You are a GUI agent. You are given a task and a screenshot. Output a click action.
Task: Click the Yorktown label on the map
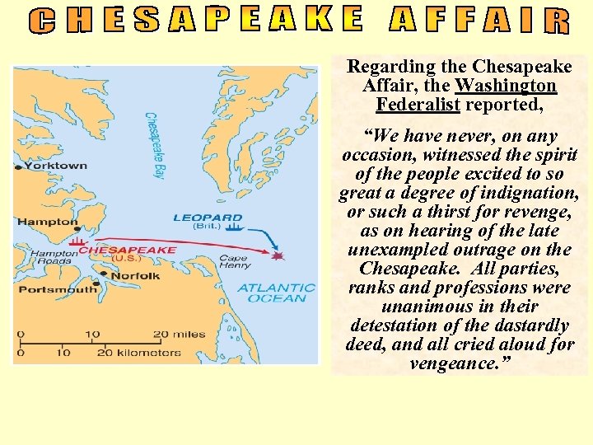click(x=56, y=166)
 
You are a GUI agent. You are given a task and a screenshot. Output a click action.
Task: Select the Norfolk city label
click(x=134, y=275)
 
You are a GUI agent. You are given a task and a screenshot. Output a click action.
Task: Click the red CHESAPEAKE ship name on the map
click(x=127, y=250)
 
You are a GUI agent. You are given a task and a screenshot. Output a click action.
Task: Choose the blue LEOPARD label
click(x=208, y=218)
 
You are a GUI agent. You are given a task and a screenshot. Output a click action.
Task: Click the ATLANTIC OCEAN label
click(x=276, y=293)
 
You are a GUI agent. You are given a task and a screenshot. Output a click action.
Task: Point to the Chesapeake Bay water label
click(x=155, y=145)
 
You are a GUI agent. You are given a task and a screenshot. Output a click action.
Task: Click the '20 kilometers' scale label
click(x=139, y=353)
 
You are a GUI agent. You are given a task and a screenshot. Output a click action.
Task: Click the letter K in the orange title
click(x=315, y=18)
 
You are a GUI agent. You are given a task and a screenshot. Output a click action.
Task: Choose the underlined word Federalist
click(x=418, y=105)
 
